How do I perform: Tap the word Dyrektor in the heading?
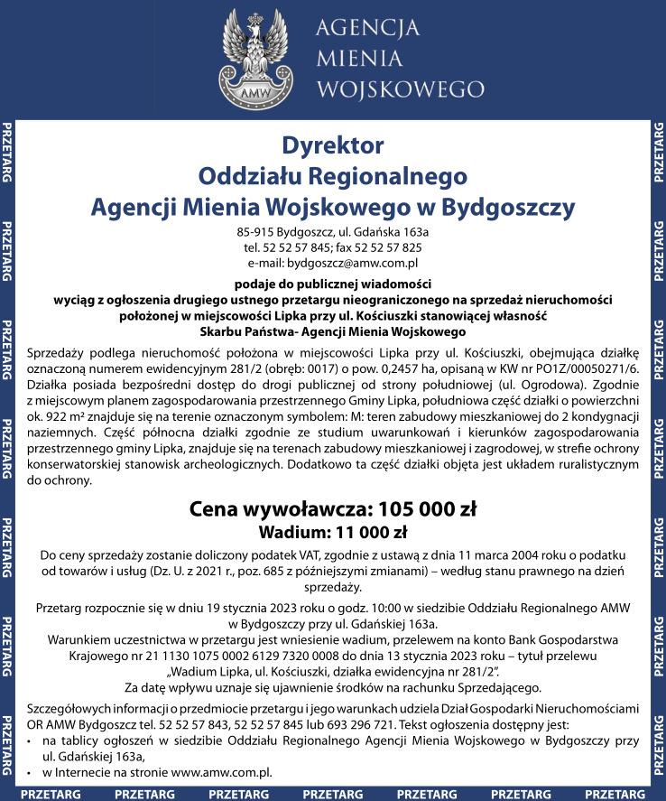click(x=333, y=145)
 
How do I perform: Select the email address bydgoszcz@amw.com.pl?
click(x=353, y=263)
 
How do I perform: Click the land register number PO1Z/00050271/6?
click(x=581, y=368)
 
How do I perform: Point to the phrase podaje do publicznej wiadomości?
click(x=332, y=283)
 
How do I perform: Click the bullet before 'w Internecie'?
click(x=32, y=774)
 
